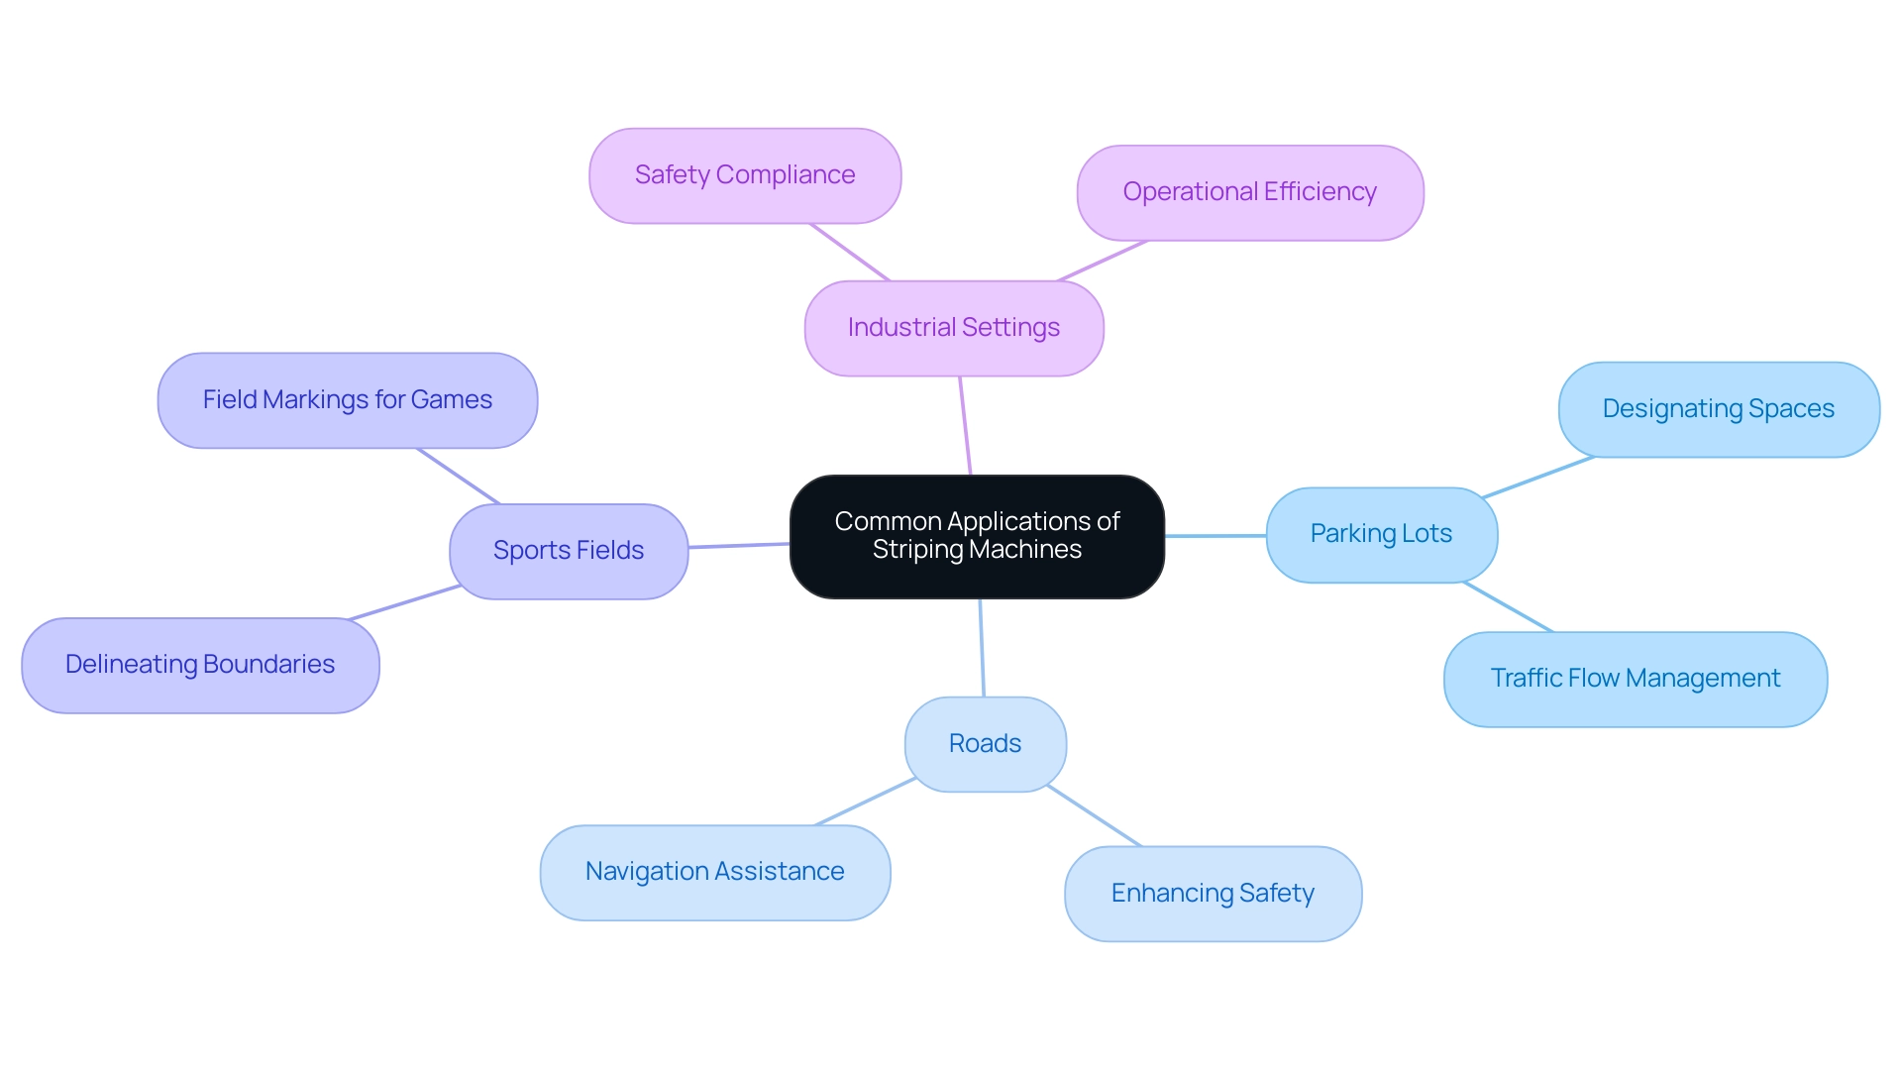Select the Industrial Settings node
[953, 328]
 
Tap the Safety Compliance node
[745, 175]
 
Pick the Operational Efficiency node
[1249, 192]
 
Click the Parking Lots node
[1381, 534]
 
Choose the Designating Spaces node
[1718, 409]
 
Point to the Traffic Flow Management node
[1635, 679]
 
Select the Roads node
[985, 744]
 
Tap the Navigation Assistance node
[714, 872]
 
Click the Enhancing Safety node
[1213, 894]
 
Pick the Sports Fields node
[569, 551]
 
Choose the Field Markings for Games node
[347, 400]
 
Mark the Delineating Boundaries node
[200, 665]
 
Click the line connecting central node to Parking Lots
[1215, 536]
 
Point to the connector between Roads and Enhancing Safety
[1095, 816]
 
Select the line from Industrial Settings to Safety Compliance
[850, 252]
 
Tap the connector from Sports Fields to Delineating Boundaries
[404, 602]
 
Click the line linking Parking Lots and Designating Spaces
[1537, 477]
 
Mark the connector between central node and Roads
[982, 648]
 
